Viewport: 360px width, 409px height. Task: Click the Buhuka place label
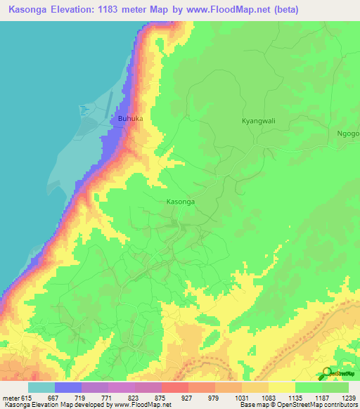point(130,119)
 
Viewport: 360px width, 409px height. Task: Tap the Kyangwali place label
point(259,121)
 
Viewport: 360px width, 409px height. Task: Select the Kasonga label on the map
point(180,202)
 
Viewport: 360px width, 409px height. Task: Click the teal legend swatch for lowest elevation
point(41,387)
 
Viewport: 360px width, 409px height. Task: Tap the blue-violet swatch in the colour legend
point(68,387)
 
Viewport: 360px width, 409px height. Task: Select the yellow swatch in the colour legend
point(281,387)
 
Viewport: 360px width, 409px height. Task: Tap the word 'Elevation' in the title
point(85,10)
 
